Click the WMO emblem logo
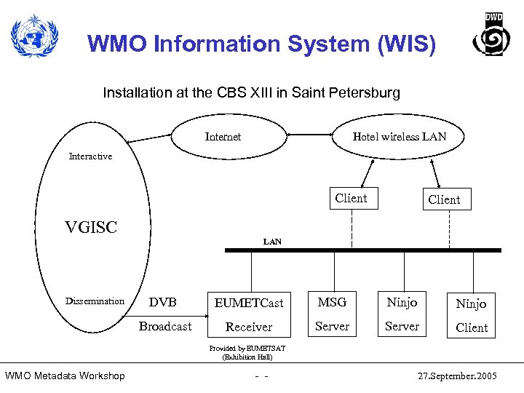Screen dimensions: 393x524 tap(33, 36)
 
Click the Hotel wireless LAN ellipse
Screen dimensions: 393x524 tap(399, 137)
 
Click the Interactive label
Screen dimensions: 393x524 tap(90, 156)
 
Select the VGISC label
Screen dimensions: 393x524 tap(92, 227)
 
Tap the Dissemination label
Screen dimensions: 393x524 tap(95, 301)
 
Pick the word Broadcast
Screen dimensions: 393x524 tap(165, 327)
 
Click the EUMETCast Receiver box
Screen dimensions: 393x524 tap(249, 314)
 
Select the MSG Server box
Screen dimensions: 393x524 tap(332, 314)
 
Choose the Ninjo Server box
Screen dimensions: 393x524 tap(402, 314)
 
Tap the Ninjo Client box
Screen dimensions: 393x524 tap(472, 315)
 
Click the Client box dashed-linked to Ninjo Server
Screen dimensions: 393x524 tap(351, 199)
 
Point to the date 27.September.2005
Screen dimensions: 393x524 tap(457, 376)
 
